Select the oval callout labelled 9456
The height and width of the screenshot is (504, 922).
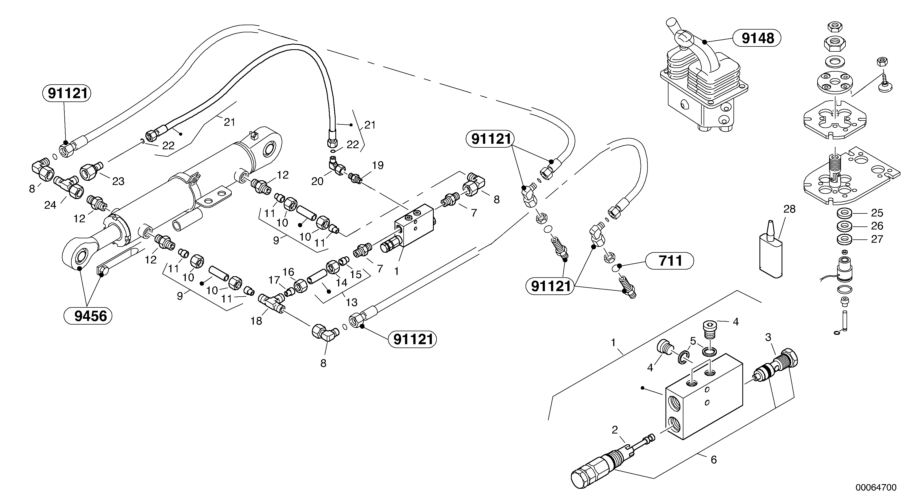point(88,316)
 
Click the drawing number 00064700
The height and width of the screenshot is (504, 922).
point(876,487)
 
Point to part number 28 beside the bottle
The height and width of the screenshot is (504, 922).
point(789,209)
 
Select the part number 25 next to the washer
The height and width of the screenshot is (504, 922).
point(877,213)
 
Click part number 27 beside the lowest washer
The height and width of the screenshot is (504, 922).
point(877,239)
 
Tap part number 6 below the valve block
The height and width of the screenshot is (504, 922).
point(713,459)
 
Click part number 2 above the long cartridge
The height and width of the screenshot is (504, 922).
point(615,430)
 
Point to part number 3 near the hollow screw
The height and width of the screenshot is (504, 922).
point(768,337)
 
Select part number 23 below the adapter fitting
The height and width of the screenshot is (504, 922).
point(118,181)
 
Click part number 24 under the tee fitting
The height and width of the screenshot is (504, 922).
point(50,205)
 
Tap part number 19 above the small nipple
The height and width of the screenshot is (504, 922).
point(378,165)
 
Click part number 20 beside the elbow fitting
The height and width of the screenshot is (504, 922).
point(317,181)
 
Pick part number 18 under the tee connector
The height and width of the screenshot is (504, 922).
point(256,321)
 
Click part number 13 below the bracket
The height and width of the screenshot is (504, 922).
point(351,302)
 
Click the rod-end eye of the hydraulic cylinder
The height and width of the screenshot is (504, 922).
point(79,255)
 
